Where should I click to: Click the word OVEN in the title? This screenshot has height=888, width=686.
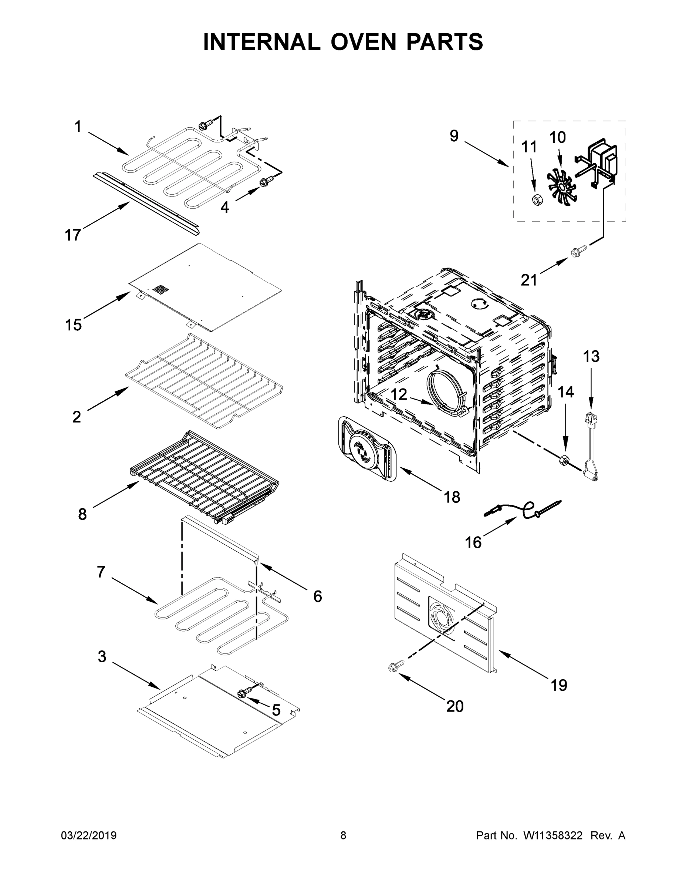coord(363,42)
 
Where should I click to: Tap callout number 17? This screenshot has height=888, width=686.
coord(73,235)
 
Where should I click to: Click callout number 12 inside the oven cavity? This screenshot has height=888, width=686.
coord(399,394)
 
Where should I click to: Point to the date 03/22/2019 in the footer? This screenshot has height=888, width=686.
coord(89,835)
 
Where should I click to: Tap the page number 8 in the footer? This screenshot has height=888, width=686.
coord(343,835)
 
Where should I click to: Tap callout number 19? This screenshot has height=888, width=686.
coord(559,685)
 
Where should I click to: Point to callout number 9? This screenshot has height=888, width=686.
coord(454,136)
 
